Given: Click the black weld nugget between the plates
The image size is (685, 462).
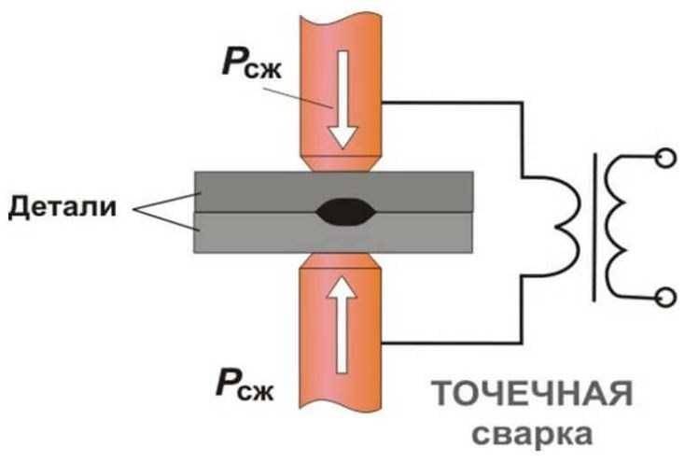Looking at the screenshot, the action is [345, 213].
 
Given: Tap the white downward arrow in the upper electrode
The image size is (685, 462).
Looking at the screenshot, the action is [342, 99].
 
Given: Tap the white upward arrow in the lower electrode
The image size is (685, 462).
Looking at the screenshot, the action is [342, 325].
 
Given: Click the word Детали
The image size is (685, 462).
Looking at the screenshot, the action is [63, 207].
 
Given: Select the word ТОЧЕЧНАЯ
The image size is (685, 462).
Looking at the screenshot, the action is [532, 394].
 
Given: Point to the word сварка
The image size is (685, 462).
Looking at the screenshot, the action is [533, 434].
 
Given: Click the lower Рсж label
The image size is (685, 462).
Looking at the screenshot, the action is [245, 384].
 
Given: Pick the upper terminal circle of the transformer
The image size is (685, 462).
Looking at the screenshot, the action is [665, 158].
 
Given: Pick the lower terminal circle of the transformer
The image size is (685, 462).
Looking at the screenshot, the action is [665, 297].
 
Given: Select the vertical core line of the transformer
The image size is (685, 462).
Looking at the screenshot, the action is [594, 228].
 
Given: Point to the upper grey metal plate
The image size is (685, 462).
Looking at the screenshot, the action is [333, 192].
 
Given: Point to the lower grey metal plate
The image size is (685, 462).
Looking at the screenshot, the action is [333, 232].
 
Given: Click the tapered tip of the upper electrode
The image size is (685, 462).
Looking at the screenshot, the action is [340, 163].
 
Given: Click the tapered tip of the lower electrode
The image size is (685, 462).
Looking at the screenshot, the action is [339, 260].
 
